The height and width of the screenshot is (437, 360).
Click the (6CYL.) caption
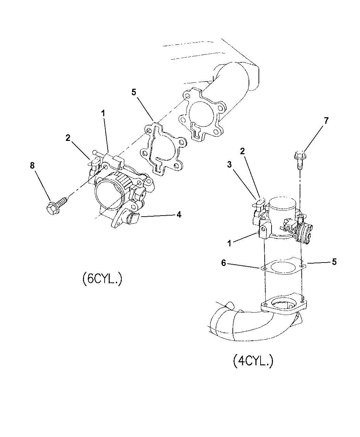click(102, 279)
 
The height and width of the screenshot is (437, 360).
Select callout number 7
click(326, 121)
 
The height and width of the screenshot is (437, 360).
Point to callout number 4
click(179, 215)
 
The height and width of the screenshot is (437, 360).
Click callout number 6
click(224, 263)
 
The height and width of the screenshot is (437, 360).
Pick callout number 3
click(229, 165)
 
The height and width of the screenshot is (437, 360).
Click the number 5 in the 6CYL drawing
click(134, 92)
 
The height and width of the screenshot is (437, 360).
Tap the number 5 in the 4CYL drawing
click(334, 262)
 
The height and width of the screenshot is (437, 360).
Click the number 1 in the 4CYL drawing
click(229, 244)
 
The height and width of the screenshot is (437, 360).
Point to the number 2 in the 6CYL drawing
click(68, 138)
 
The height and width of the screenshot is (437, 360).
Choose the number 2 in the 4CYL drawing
click(242, 151)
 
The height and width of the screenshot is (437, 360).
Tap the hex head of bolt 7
click(300, 155)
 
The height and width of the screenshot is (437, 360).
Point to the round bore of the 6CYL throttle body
click(109, 194)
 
